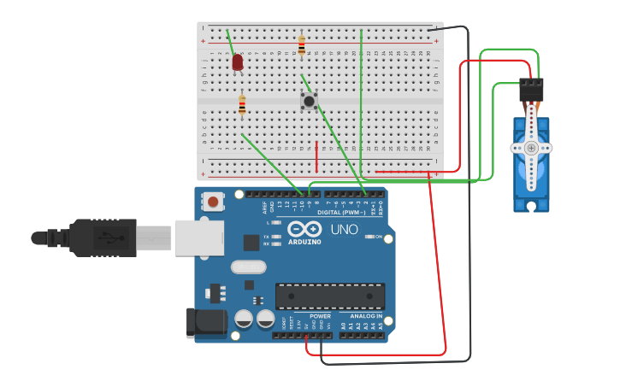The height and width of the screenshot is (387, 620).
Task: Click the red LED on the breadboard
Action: click(238, 62)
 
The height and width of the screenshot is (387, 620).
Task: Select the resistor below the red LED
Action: click(242, 105)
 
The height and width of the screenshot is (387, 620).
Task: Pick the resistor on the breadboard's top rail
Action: click(301, 44)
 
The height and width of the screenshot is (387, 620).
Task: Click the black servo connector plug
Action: click(531, 89)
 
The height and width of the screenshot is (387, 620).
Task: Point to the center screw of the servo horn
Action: click(531, 148)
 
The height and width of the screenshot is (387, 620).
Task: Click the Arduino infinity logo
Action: click(304, 229)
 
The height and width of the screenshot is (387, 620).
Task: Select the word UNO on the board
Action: click(344, 229)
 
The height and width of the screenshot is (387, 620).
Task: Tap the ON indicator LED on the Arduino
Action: click(369, 237)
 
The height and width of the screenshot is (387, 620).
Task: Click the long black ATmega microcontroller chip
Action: click(329, 296)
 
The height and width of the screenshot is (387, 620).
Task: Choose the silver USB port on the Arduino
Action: click(199, 237)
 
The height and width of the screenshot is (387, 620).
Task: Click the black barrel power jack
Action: click(206, 321)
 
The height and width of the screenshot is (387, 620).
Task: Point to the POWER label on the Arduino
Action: click(320, 316)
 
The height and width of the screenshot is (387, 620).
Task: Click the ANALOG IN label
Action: click(366, 316)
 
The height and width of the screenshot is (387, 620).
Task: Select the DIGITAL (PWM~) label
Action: click(340, 212)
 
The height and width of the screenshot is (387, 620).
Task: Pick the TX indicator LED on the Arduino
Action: click(275, 237)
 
